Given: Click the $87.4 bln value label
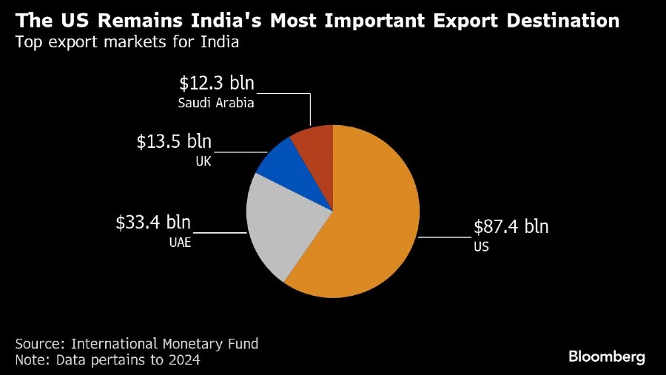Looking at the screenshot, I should tap(511, 226).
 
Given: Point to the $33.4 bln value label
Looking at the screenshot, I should tap(153, 222).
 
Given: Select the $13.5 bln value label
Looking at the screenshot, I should tap(174, 142).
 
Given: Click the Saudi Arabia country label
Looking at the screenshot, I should tap(216, 103).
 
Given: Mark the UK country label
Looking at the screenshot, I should tap(203, 161).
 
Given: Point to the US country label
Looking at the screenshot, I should tap(481, 246).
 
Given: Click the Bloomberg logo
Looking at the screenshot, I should tap(607, 357).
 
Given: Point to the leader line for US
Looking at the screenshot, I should tap(444, 237).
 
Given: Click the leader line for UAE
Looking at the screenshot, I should tap(220, 232).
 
